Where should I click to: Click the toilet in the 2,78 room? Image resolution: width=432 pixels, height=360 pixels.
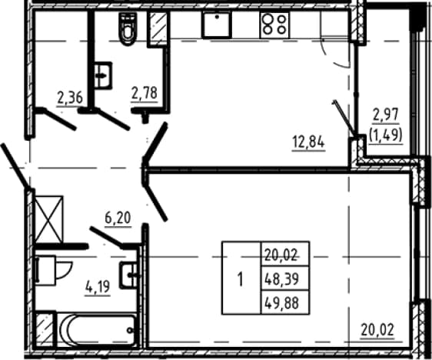(128, 28)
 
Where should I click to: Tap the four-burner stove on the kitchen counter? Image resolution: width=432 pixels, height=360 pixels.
(274, 25)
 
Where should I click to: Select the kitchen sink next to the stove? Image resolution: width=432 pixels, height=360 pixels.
(217, 25)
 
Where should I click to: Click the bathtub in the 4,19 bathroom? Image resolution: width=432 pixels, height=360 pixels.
(98, 329)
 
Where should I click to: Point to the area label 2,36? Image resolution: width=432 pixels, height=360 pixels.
(70, 98)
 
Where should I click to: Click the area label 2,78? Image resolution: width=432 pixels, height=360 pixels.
(145, 93)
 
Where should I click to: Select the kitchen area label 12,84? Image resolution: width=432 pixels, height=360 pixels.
(308, 143)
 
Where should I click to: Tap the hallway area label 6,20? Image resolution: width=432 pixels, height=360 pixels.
(118, 218)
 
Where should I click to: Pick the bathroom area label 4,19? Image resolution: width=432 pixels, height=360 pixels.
(98, 287)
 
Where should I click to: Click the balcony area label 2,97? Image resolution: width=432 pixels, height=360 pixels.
(386, 115)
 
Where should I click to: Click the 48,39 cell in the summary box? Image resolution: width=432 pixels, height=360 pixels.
(285, 278)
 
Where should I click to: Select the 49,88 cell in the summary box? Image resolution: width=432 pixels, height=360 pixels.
(285, 302)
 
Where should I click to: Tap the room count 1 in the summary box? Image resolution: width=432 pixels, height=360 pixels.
(241, 278)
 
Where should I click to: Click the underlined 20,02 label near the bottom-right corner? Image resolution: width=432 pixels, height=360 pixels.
(377, 330)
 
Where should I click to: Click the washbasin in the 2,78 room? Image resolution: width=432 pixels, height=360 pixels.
(103, 75)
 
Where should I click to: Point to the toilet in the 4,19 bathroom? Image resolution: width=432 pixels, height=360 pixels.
(54, 270)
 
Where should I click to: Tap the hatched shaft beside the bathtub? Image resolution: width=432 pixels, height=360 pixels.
(44, 329)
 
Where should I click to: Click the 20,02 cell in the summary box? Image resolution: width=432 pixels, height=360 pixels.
(285, 255)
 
